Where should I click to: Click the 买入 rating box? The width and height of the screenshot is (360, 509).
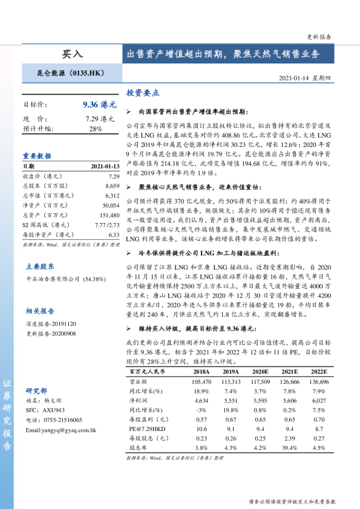[72, 54]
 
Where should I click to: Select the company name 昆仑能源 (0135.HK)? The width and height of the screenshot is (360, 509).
[72, 73]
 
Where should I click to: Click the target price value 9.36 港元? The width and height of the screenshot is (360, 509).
[99, 105]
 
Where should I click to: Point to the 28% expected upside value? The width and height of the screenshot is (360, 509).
[96, 129]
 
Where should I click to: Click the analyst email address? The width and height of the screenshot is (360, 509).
[61, 430]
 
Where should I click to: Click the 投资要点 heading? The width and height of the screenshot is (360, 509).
[143, 93]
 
